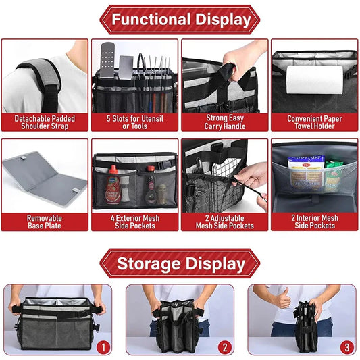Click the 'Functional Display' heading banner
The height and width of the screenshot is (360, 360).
(x=180, y=20)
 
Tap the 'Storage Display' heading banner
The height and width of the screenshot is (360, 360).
(x=180, y=263)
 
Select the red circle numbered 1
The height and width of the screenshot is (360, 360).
(x=103, y=347)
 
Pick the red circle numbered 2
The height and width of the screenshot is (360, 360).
(x=225, y=347)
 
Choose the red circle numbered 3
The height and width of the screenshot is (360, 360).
(x=347, y=347)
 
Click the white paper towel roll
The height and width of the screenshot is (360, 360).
(x=314, y=80)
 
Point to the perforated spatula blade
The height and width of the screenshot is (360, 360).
(x=107, y=59)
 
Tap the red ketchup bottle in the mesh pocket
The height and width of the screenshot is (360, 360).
(x=113, y=185)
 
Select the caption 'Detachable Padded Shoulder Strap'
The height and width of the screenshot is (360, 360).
(x=45, y=122)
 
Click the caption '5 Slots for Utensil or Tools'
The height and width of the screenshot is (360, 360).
(x=135, y=122)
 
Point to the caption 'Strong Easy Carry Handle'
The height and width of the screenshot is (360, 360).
(x=225, y=122)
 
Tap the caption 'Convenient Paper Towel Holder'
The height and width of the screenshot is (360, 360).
(x=315, y=122)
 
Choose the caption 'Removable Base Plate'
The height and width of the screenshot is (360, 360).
(x=45, y=222)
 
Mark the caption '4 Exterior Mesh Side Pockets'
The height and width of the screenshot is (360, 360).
(x=135, y=222)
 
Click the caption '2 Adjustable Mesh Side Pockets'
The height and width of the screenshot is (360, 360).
(x=225, y=222)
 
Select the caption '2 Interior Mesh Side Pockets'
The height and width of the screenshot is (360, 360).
(x=315, y=222)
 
